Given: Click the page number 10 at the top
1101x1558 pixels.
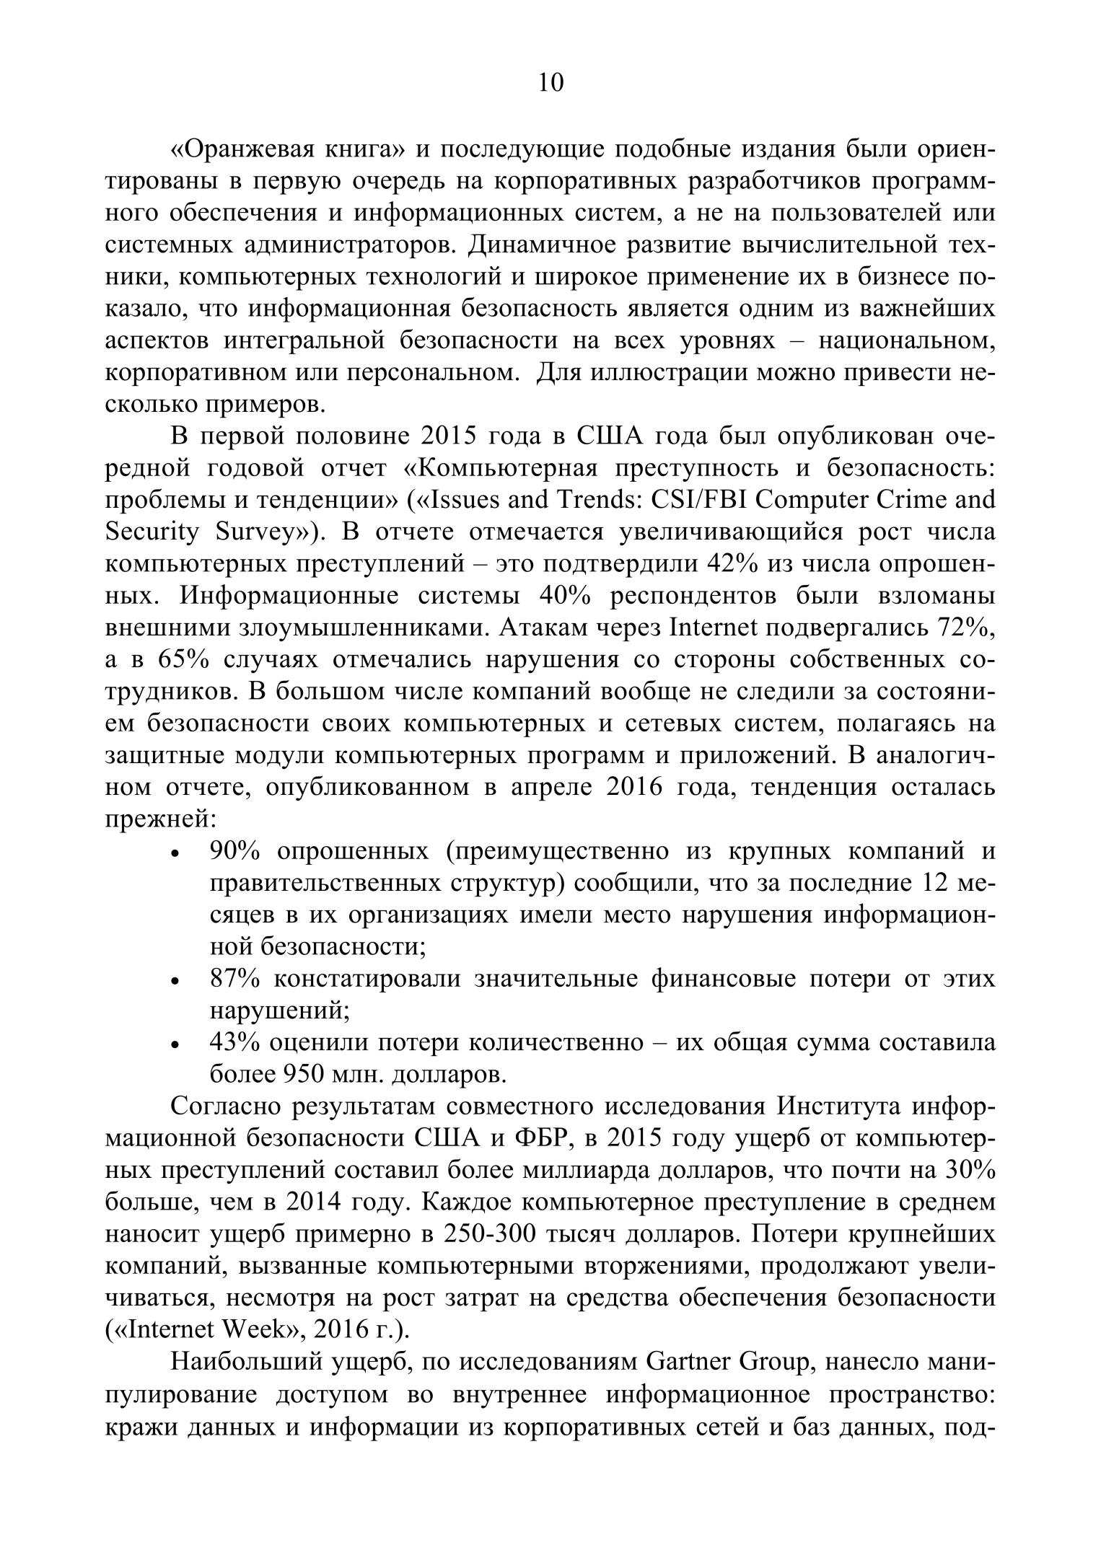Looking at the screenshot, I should (x=550, y=83).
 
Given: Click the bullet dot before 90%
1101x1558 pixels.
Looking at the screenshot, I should (x=175, y=853).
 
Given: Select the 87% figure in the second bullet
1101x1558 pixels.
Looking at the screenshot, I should (x=234, y=979).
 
